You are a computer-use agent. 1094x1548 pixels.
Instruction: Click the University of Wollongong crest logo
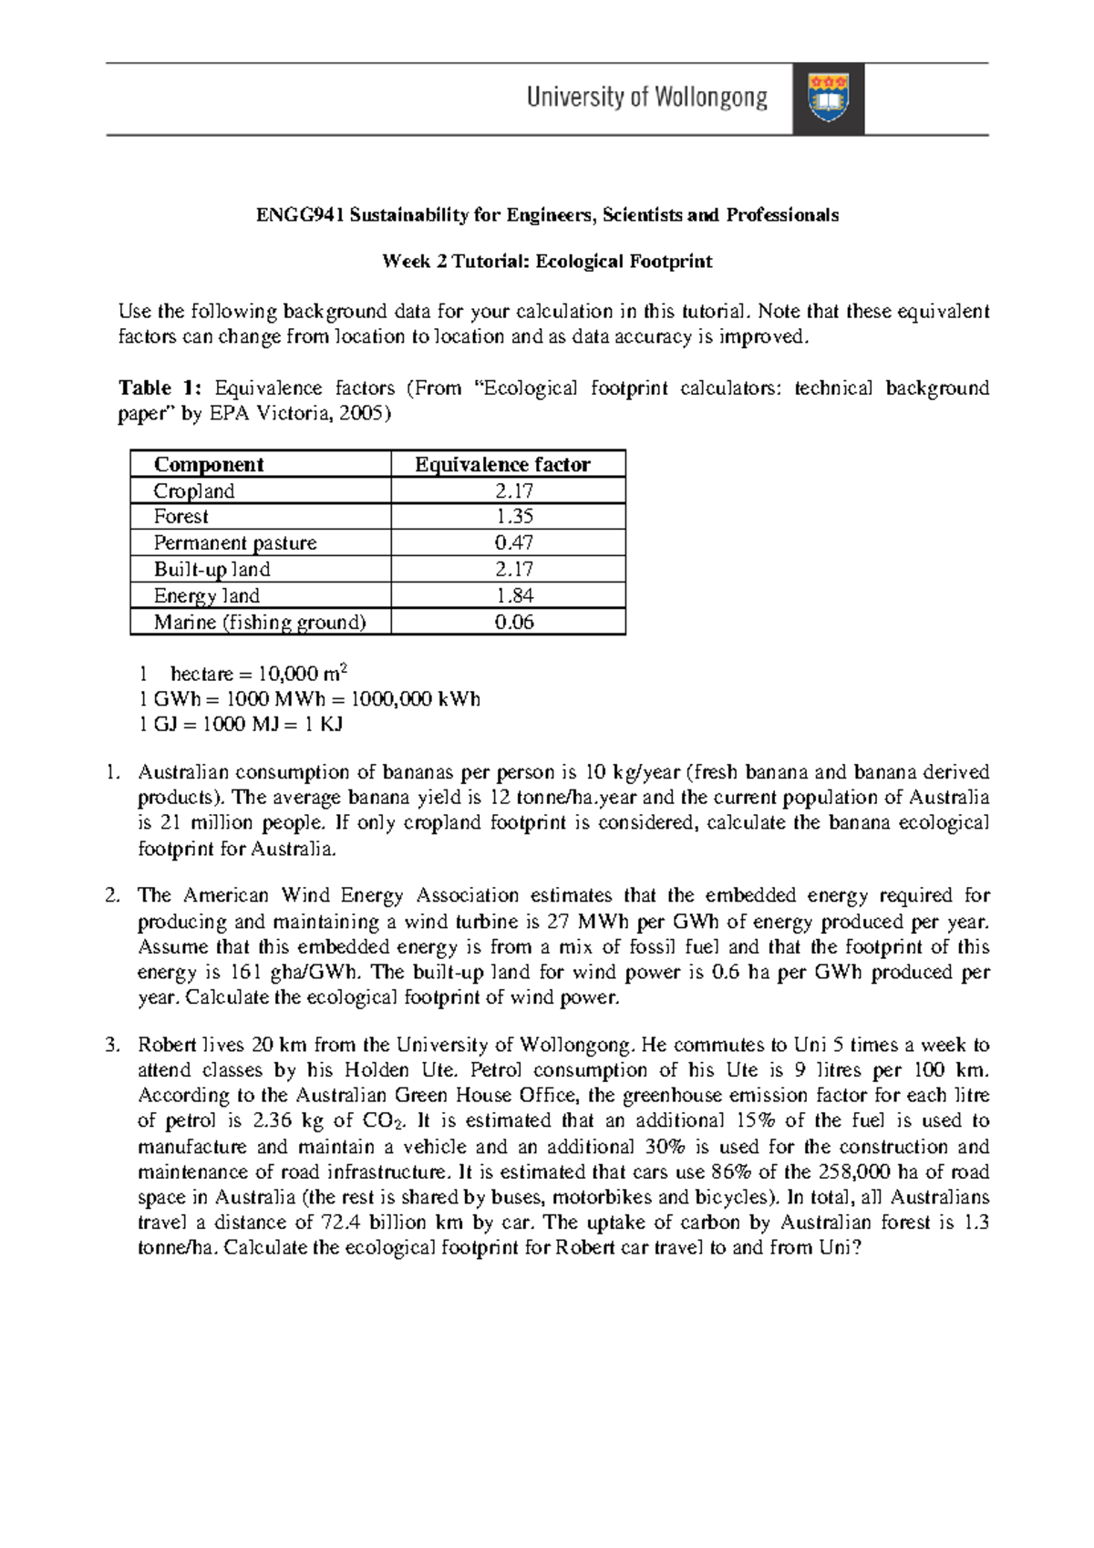828,98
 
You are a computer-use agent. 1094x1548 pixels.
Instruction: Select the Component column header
209,465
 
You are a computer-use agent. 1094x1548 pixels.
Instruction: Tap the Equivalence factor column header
502,465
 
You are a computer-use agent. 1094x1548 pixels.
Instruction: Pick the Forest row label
181,517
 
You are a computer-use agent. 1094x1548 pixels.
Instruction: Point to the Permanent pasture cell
235,543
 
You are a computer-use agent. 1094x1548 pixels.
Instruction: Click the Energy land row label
206,596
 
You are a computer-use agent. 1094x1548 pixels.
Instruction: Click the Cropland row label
193,491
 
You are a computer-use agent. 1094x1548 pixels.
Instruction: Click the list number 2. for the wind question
112,896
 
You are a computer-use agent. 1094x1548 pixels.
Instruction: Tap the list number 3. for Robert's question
112,1045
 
